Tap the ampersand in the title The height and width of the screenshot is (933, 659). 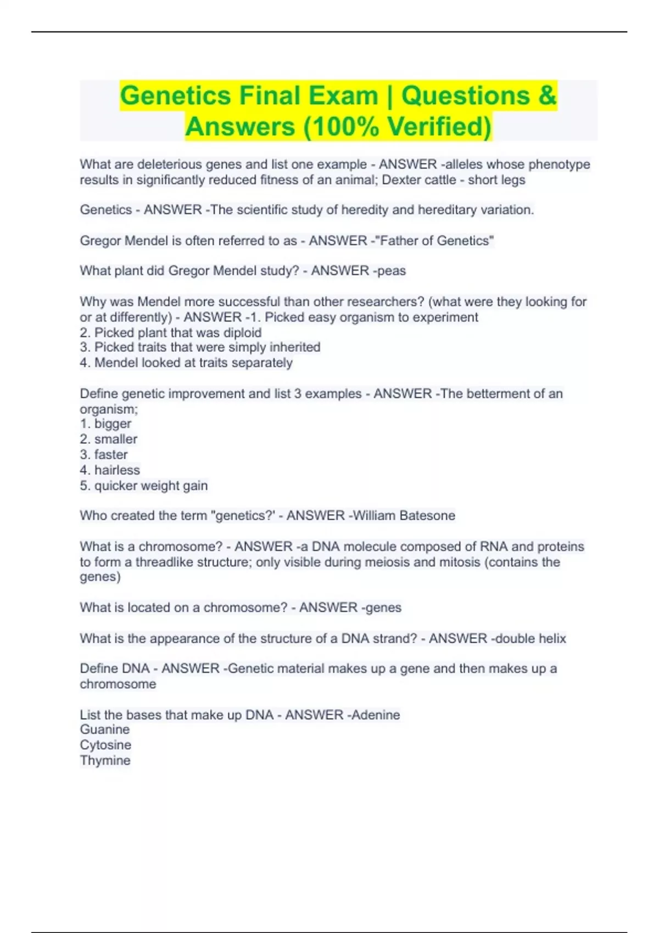547,95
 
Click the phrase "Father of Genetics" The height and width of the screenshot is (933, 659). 434,240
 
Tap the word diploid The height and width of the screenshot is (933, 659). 242,333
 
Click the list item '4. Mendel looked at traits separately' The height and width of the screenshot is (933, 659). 186,363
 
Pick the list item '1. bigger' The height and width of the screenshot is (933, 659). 105,424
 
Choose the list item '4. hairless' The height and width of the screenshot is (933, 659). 110,470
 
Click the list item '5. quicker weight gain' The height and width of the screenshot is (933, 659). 144,486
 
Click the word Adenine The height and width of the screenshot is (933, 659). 376,715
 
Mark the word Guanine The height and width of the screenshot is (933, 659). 105,729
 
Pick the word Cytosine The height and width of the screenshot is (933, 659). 105,745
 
